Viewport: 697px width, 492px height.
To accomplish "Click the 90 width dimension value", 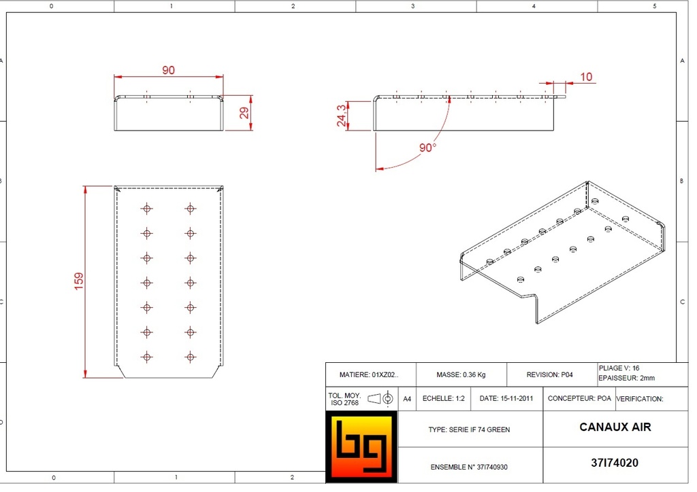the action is pyautogui.click(x=169, y=70).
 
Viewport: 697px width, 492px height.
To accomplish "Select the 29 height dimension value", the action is pyautogui.click(x=244, y=113).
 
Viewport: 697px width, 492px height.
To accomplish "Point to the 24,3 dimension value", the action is pyautogui.click(x=342, y=116).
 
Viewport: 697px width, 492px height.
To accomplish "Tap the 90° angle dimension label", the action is pyautogui.click(x=427, y=147).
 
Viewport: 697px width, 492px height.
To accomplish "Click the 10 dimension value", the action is pyautogui.click(x=586, y=77).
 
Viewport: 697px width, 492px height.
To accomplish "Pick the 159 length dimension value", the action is pyautogui.click(x=79, y=281).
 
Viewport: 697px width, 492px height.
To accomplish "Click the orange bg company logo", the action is pyautogui.click(x=361, y=446).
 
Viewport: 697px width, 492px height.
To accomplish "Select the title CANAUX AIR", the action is pyautogui.click(x=615, y=427).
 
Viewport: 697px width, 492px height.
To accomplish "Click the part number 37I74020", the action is pyautogui.click(x=615, y=463).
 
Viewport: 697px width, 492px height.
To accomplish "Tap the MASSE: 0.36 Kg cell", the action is pyautogui.click(x=461, y=375).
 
